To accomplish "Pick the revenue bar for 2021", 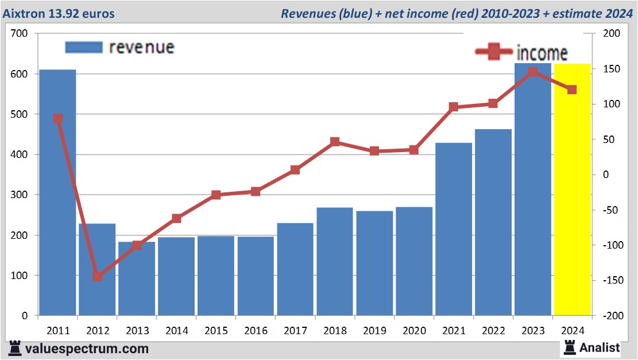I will click(454, 230).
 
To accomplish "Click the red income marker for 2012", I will click(98, 277).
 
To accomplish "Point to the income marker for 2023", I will click(533, 72).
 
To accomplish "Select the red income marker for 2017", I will click(295, 170).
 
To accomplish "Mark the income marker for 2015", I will click(216, 195).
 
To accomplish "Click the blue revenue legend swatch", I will click(84, 47).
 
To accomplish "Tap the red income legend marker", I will click(493, 53).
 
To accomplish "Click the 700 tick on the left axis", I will click(19, 34).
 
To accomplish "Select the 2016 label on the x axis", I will click(256, 331).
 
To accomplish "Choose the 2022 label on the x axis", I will click(493, 331).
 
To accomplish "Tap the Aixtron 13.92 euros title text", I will click(59, 13).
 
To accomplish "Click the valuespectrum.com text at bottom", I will click(86, 349).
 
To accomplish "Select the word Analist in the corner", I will click(600, 347).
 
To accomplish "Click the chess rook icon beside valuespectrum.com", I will click(16, 348).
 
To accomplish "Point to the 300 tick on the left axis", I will click(19, 195).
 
